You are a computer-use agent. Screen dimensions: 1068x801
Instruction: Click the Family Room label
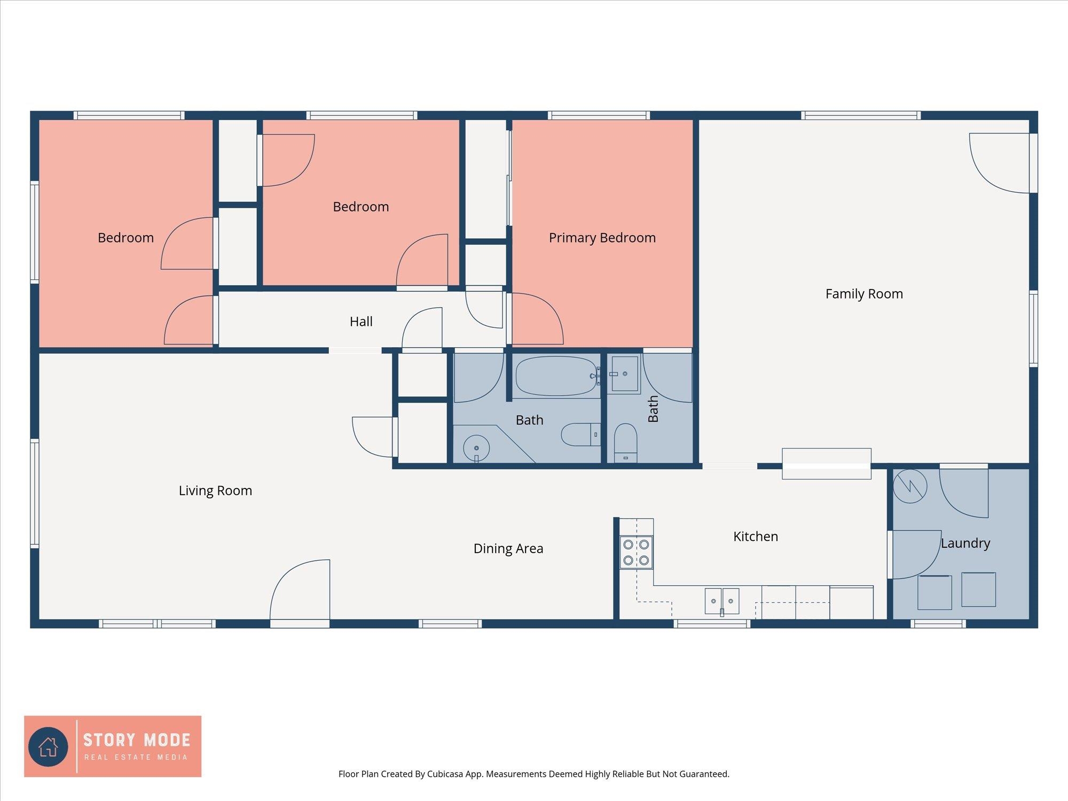[x=864, y=294]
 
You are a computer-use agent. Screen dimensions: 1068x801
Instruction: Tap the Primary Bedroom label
[x=602, y=238]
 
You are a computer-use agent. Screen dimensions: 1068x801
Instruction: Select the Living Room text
[x=215, y=491]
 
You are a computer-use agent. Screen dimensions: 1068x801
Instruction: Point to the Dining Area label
[x=508, y=548]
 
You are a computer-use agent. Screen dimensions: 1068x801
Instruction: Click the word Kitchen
[x=756, y=536]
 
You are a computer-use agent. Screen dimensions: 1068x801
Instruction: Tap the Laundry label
[x=965, y=543]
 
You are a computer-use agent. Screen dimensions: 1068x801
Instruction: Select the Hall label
[x=361, y=321]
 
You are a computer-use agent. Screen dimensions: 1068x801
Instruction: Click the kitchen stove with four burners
[x=636, y=552]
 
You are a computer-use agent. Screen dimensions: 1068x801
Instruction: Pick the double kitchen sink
[x=722, y=601]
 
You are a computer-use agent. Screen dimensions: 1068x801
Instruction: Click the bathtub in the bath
[x=556, y=376]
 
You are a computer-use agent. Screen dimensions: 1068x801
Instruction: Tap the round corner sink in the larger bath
[x=476, y=448]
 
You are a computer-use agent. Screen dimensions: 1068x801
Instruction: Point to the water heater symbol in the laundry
[x=910, y=486]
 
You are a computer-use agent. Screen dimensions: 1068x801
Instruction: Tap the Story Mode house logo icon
[x=48, y=747]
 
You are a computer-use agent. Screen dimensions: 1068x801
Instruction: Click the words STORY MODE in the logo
[x=137, y=740]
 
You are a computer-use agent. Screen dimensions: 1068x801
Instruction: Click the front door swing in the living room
[x=300, y=590]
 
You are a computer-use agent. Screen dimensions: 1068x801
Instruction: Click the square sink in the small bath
[x=624, y=374]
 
